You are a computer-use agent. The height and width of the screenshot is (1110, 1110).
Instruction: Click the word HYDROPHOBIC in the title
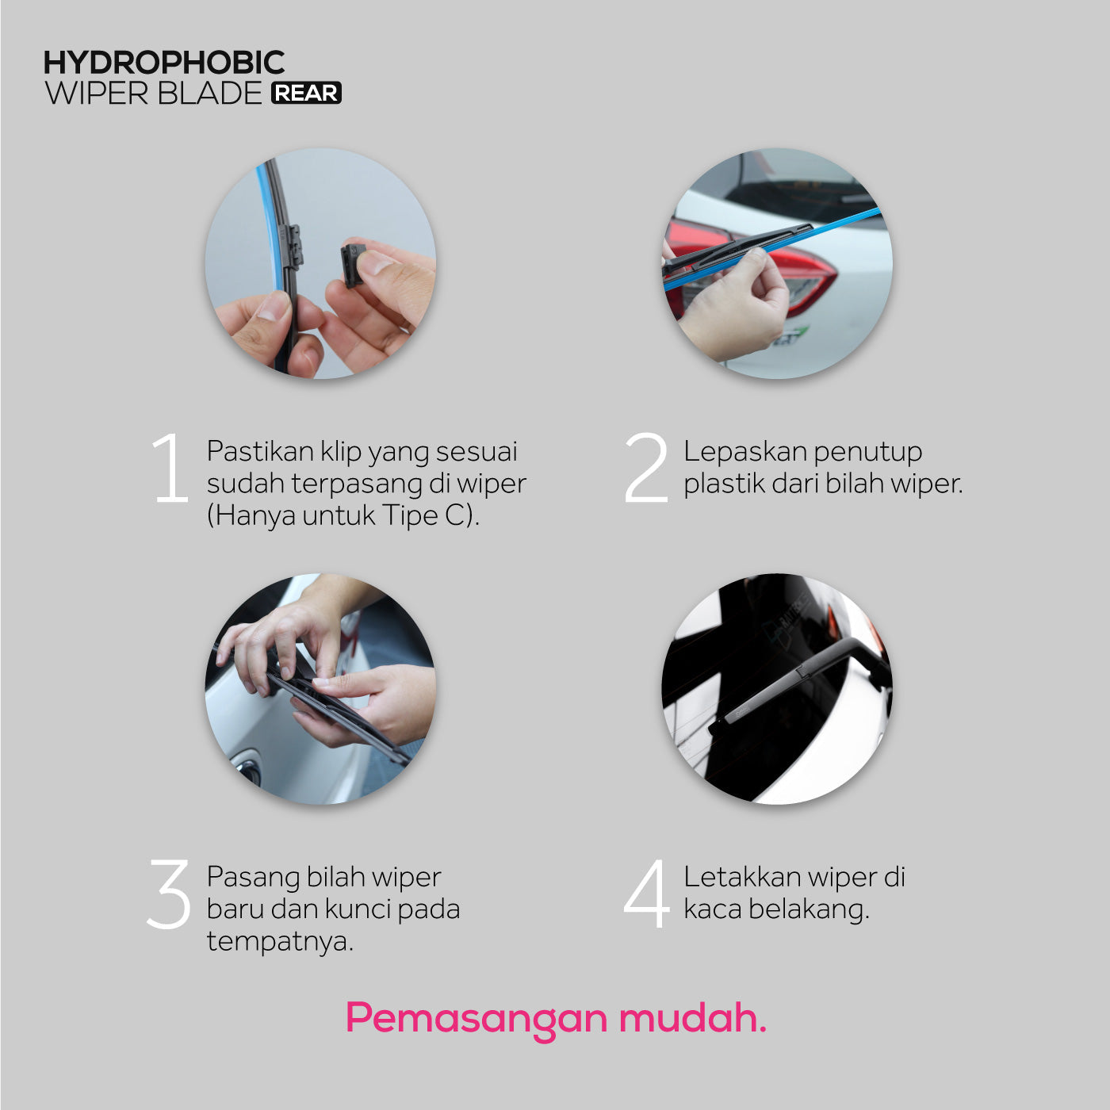pyautogui.click(x=164, y=63)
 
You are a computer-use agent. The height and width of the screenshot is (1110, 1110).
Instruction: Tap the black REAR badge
pyautogui.click(x=307, y=93)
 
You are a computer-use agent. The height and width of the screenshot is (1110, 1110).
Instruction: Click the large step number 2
pyautogui.click(x=646, y=468)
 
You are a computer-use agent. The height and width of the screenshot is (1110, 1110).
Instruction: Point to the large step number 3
pyautogui.click(x=169, y=894)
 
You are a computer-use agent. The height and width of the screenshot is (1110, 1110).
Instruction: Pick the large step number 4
pyautogui.click(x=647, y=894)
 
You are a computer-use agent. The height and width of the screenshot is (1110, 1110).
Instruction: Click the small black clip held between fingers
pyautogui.click(x=352, y=265)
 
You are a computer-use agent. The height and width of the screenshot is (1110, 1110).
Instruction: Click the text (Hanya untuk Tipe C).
pyautogui.click(x=343, y=515)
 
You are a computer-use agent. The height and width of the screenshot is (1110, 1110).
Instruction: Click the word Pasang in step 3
pyautogui.click(x=252, y=878)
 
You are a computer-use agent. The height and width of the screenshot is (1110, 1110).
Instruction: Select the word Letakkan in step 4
pyautogui.click(x=742, y=877)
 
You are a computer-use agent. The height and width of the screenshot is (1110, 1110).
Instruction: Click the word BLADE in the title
pyautogui.click(x=209, y=94)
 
